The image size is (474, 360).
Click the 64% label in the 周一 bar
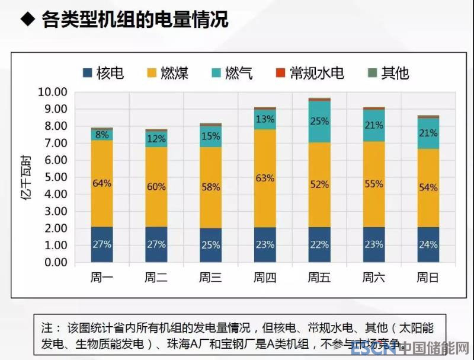[101, 183]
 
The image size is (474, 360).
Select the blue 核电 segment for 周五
[319, 244]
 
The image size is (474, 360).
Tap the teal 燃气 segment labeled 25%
[319, 122]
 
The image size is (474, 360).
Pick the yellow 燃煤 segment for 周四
[265, 178]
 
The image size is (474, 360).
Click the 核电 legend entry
[104, 73]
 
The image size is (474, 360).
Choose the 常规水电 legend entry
[309, 73]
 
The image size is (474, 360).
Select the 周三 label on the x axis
[210, 278]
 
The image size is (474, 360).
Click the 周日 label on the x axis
[428, 278]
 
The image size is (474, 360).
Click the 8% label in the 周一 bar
[101, 134]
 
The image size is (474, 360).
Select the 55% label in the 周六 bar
[374, 184]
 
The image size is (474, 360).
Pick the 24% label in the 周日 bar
[428, 244]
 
